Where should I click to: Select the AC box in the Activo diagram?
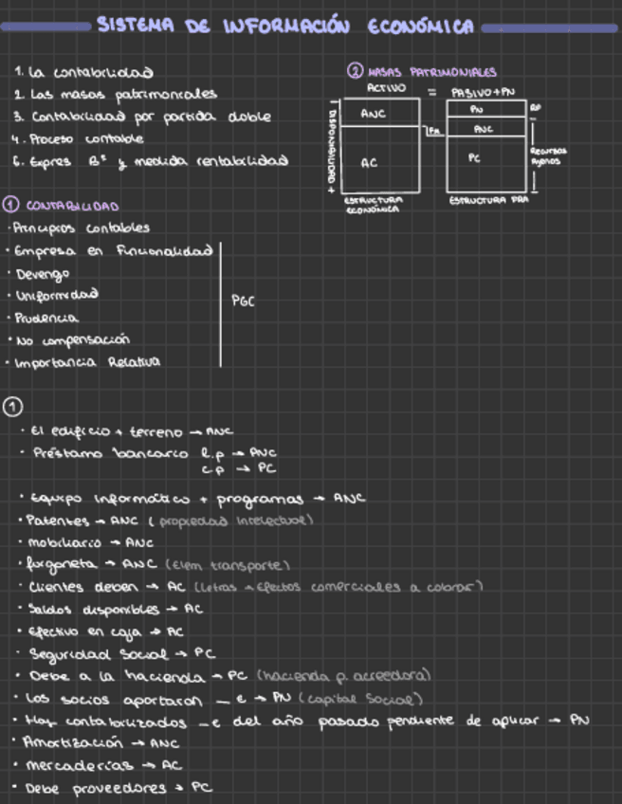[x=370, y=163]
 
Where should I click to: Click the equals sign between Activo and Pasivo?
[x=431, y=92]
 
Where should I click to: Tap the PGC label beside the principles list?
[x=243, y=301]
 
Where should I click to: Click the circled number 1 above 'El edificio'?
[x=11, y=407]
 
